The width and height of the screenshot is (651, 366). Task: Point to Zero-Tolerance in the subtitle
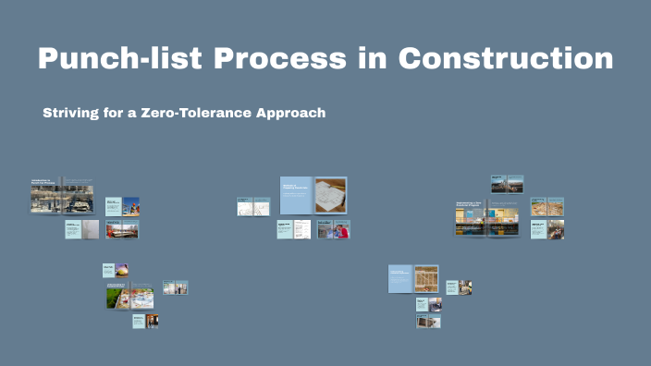[194, 113]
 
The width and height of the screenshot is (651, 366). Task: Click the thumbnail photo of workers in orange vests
[130, 205]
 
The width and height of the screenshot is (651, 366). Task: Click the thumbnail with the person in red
[341, 230]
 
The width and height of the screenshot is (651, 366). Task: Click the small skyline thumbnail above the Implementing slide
[507, 184]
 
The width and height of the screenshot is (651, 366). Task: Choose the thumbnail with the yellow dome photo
[121, 270]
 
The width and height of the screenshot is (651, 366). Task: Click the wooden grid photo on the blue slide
[426, 279]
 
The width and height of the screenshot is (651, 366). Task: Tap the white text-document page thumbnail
[302, 229]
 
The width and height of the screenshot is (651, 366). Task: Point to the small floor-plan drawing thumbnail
[252, 206]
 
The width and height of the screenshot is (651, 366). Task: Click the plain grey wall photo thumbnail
[90, 229]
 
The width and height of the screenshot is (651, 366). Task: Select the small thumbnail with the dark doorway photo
[152, 321]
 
